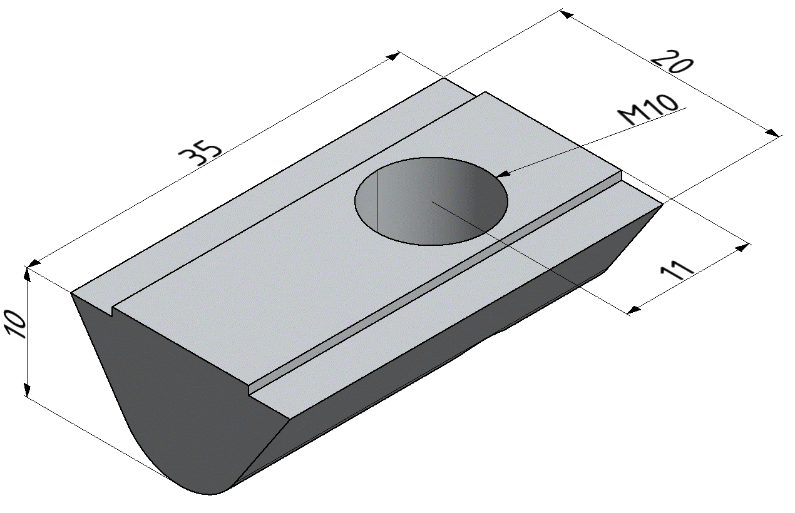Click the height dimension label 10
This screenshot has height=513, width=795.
coord(16,323)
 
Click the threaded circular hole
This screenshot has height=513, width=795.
coord(431,201)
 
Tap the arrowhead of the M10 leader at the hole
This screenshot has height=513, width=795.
coord(503,175)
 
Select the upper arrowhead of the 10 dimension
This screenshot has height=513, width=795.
coord(27,274)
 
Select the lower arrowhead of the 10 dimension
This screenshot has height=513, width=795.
coord(27,390)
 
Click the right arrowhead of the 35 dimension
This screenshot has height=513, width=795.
coord(394,57)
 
